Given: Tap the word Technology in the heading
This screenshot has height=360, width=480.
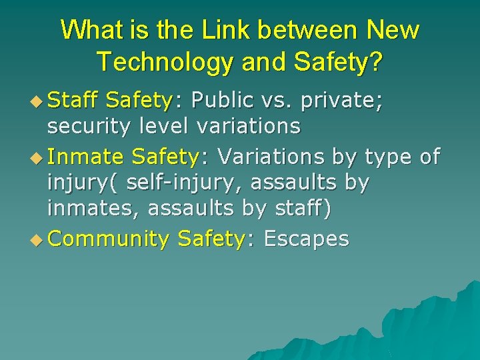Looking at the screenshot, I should (162, 62).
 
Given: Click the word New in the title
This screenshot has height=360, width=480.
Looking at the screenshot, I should (394, 31).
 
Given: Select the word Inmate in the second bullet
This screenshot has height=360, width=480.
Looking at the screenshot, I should (85, 157).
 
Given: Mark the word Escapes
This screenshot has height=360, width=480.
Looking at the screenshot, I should (306, 239).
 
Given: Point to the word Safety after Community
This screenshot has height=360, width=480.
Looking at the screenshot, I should (212, 239).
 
